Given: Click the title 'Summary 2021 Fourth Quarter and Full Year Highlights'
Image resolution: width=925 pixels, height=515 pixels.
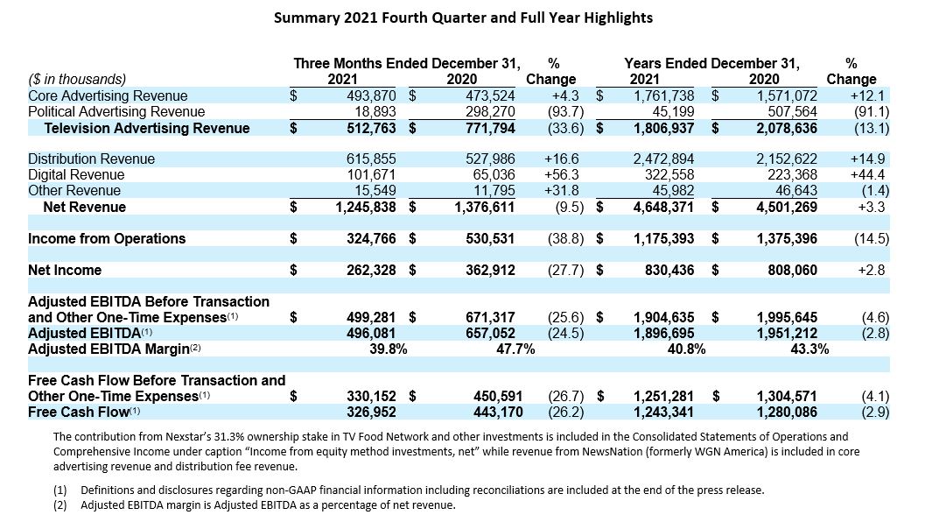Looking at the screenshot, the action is [463, 18].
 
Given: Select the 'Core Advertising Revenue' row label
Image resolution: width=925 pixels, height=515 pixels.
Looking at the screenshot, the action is [108, 95].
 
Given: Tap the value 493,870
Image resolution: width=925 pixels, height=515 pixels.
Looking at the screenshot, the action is [372, 95].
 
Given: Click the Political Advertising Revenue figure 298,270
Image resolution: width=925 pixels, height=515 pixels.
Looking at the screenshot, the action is [490, 111].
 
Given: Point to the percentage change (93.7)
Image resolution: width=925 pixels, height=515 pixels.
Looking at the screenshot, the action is [565, 111].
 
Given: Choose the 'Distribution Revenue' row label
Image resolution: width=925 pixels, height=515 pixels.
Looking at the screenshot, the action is [91, 159].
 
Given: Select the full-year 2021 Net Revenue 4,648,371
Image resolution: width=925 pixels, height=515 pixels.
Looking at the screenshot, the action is [663, 208].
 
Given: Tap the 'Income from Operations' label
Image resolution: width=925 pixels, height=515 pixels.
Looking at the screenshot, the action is [107, 238].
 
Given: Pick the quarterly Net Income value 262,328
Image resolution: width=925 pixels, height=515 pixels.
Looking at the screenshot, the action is [372, 271].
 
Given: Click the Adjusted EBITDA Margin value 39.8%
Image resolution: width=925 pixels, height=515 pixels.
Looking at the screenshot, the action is [389, 349].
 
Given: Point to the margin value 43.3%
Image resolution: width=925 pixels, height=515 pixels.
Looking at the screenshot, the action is [809, 349].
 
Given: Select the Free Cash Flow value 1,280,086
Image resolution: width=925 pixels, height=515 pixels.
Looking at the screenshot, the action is [787, 413].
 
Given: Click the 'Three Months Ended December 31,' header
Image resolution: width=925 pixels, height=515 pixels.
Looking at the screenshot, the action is [407, 64].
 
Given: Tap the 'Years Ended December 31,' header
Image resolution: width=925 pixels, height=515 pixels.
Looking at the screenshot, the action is [712, 64].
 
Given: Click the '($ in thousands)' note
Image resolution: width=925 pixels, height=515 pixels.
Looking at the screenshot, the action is [77, 80].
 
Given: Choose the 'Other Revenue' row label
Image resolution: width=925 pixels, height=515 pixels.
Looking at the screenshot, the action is [74, 191].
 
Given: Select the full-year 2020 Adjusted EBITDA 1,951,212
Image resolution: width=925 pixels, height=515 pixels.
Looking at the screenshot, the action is [787, 333].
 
